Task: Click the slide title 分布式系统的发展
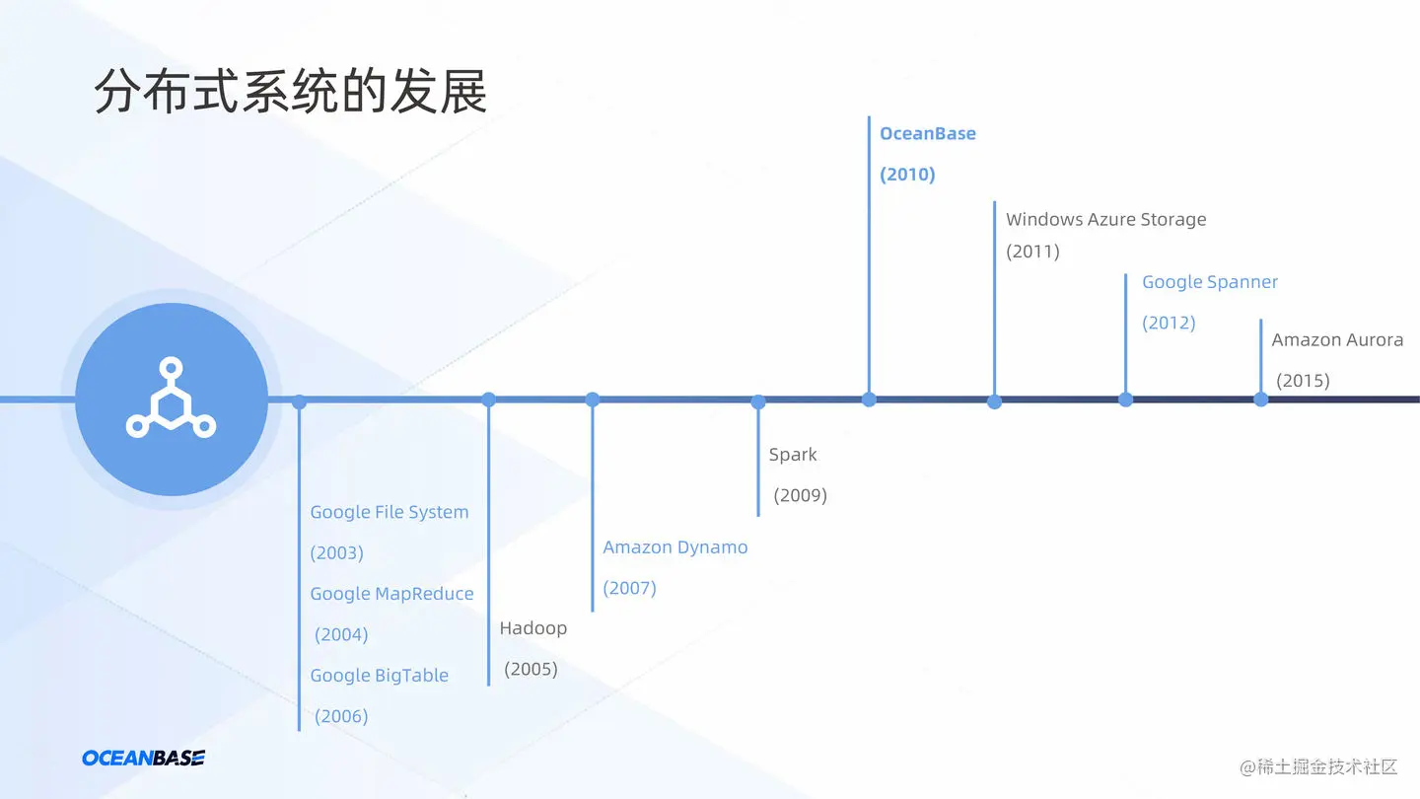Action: pyautogui.click(x=291, y=93)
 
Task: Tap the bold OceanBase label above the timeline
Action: pyautogui.click(x=927, y=134)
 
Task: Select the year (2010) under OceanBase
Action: pyautogui.click(x=907, y=175)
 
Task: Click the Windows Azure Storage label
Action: pyautogui.click(x=1105, y=219)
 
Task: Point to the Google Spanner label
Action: pyautogui.click(x=1209, y=282)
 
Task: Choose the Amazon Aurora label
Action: pyautogui.click(x=1337, y=340)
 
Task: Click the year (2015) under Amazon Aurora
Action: pyautogui.click(x=1304, y=381)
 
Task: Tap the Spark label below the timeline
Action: pyautogui.click(x=793, y=455)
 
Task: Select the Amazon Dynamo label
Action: pyautogui.click(x=675, y=547)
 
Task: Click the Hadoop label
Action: pyautogui.click(x=532, y=628)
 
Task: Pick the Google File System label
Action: pyautogui.click(x=390, y=512)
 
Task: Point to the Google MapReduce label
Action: pyautogui.click(x=391, y=594)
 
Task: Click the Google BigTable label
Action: pyautogui.click(x=379, y=676)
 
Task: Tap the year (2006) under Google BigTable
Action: pyautogui.click(x=341, y=716)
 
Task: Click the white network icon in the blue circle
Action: pyautogui.click(x=171, y=399)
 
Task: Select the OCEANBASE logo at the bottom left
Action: pyautogui.click(x=143, y=758)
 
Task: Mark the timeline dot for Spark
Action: pyautogui.click(x=758, y=401)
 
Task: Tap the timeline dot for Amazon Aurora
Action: pyautogui.click(x=1260, y=399)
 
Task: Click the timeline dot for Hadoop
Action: pyautogui.click(x=488, y=399)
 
